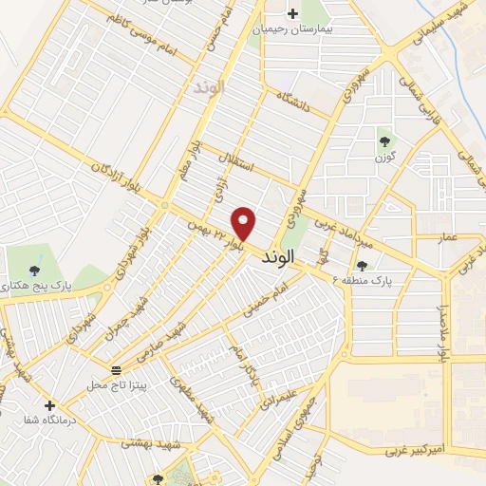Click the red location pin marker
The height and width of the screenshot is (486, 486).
click(244, 223)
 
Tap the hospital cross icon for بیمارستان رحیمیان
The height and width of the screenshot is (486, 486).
click(292, 13)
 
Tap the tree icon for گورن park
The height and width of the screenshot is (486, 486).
click(384, 142)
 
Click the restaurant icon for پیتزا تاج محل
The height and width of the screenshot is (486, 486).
click(116, 369)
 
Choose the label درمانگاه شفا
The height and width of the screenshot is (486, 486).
click(50, 422)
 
